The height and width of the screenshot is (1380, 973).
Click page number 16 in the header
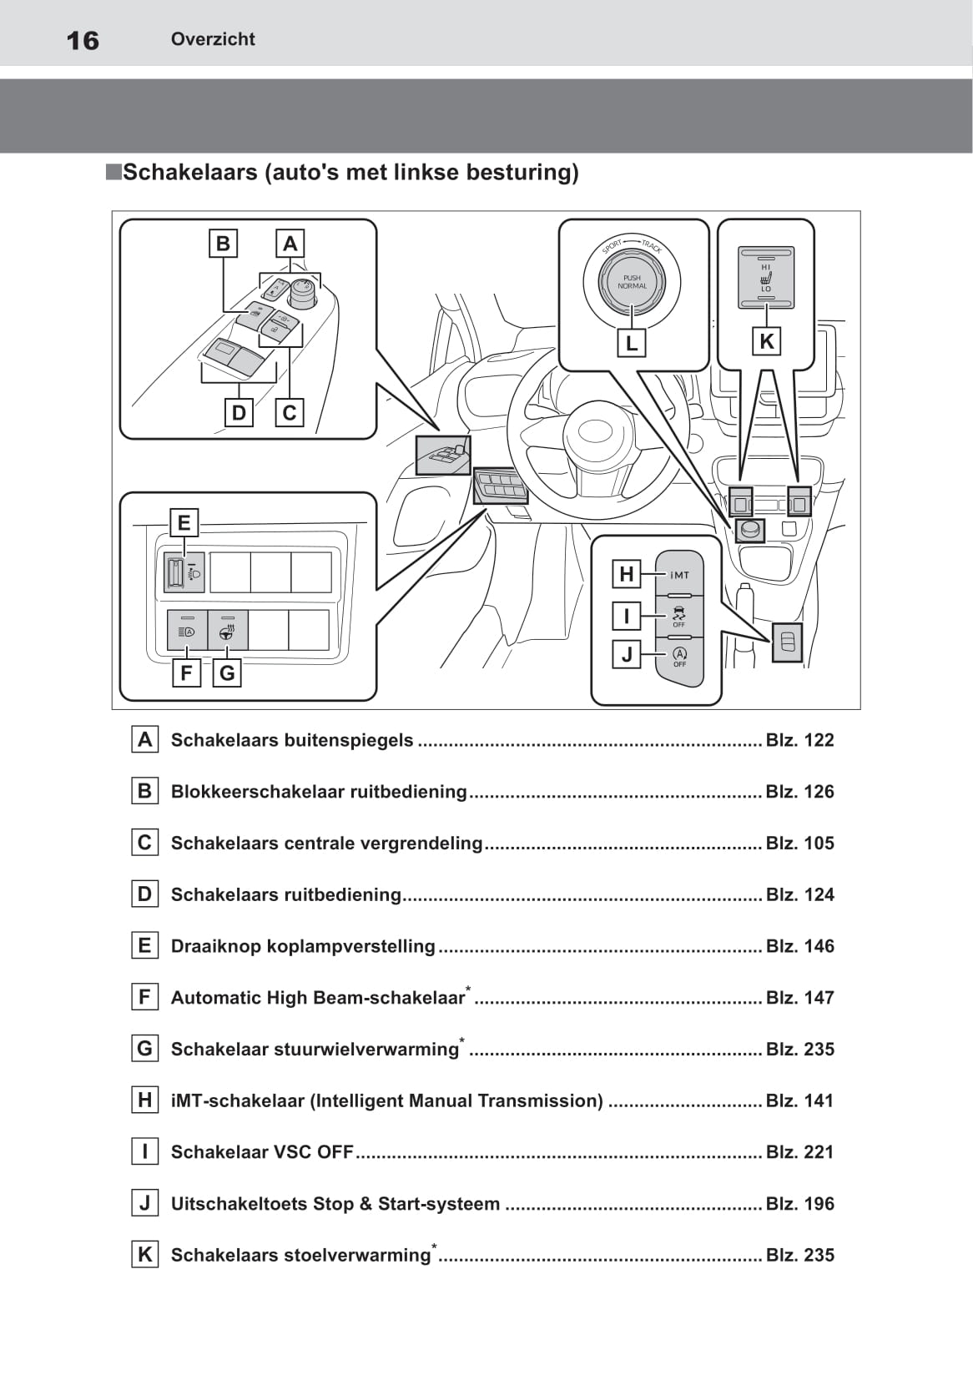pyautogui.click(x=83, y=40)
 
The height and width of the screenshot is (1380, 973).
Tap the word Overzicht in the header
pyautogui.click(x=213, y=39)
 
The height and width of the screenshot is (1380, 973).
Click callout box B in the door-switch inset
pyautogui.click(x=223, y=244)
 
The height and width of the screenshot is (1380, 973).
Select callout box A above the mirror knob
pyautogui.click(x=290, y=244)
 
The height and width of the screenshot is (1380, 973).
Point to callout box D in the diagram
pyautogui.click(x=239, y=412)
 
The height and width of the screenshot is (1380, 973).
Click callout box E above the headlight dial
pyautogui.click(x=184, y=523)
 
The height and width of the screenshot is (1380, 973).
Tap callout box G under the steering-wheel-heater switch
pyautogui.click(x=227, y=672)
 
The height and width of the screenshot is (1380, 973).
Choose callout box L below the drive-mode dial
pyautogui.click(x=631, y=342)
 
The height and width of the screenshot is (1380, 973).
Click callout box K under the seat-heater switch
pyautogui.click(x=766, y=341)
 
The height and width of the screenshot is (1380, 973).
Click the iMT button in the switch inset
pyautogui.click(x=679, y=574)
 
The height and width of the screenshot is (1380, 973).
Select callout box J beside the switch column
pyautogui.click(x=627, y=655)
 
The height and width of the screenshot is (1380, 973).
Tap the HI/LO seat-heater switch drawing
pyautogui.click(x=765, y=277)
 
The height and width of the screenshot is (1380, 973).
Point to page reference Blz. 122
pyautogui.click(x=799, y=740)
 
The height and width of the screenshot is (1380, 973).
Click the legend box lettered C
pyautogui.click(x=145, y=843)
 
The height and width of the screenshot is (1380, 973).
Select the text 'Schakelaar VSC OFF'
pyautogui.click(x=262, y=1152)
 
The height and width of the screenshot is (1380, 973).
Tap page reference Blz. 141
pyautogui.click(x=799, y=1100)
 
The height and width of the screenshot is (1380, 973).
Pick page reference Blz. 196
pyautogui.click(x=799, y=1204)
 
